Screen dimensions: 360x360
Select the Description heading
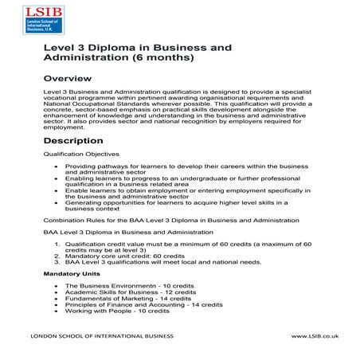pyautogui.click(x=80, y=140)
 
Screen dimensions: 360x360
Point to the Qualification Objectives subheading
pyautogui.click(x=82, y=153)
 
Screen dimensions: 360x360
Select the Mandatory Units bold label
pyautogui.click(x=68, y=273)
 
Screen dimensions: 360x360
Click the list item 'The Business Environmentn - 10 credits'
pyautogui.click(x=119, y=285)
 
